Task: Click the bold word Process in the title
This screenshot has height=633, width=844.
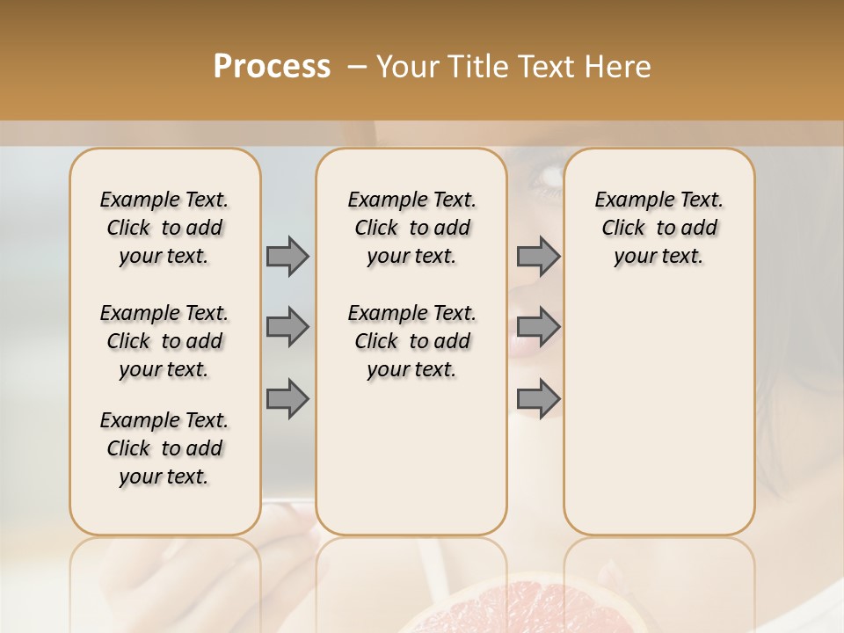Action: pos(272,67)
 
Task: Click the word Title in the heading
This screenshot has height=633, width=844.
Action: pos(473,67)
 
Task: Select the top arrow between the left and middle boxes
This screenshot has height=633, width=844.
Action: pos(287,256)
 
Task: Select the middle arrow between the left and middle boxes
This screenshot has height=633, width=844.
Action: pos(287,327)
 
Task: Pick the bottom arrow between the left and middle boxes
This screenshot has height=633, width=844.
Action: pos(287,398)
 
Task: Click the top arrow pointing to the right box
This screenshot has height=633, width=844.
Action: pos(538,256)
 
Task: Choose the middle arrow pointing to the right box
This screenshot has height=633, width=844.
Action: pos(538,327)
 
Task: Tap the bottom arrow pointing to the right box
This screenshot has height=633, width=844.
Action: pos(538,398)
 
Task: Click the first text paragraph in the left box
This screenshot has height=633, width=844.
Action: pos(164,228)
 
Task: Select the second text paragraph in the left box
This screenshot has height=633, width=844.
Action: pos(164,341)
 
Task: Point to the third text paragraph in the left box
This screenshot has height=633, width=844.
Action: pos(164,448)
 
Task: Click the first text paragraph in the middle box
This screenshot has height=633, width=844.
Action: pos(412,228)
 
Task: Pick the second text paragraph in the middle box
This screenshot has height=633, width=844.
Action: pos(412,341)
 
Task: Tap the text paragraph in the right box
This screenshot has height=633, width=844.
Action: pos(659,228)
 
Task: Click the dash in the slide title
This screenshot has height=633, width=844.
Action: pos(357,67)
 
